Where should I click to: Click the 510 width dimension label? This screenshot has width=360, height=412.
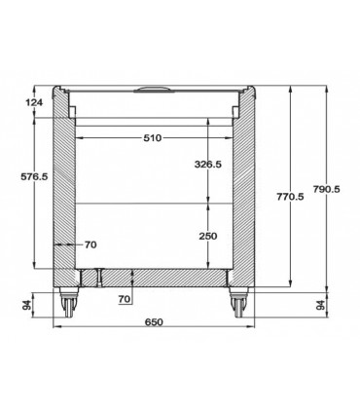(152, 138)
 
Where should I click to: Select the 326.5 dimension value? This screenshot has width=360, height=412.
(208, 165)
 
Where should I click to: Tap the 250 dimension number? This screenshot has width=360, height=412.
(208, 236)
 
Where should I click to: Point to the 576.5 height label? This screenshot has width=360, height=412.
(34, 176)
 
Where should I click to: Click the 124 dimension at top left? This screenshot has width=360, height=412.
(34, 102)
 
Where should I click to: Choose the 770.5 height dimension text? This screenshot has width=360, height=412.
(290, 197)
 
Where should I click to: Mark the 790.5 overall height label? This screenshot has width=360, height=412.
(327, 189)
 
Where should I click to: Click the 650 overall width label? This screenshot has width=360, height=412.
(154, 322)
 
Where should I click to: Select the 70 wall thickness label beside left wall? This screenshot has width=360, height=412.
(90, 244)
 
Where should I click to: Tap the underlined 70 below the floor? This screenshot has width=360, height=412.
(125, 299)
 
